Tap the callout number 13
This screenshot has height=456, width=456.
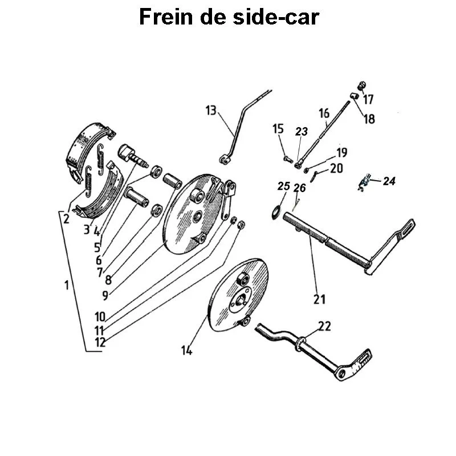click(x=211, y=111)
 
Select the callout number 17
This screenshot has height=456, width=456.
click(x=368, y=100)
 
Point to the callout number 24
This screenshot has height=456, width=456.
click(x=389, y=181)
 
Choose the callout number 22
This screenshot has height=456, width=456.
click(x=324, y=326)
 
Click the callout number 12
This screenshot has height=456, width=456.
click(x=100, y=343)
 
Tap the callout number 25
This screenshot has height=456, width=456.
click(x=283, y=186)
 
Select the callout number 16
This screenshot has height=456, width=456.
click(x=324, y=113)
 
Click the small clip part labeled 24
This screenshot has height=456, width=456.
click(x=364, y=183)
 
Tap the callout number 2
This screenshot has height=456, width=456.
click(x=67, y=218)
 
